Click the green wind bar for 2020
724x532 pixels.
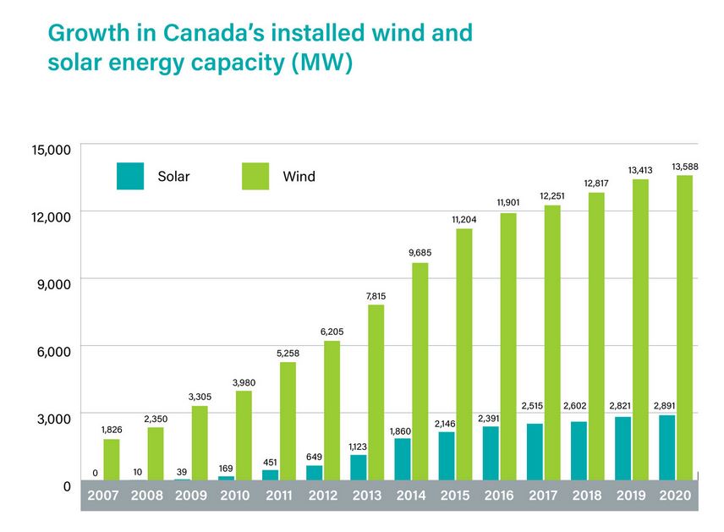coord(683,328)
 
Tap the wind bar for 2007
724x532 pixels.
coord(112,459)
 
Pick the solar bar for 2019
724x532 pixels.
coord(623,448)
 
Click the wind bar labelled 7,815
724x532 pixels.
coord(376,392)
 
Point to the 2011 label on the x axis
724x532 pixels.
coord(279,496)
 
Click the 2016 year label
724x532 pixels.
coord(499,496)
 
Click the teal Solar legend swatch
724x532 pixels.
coord(130,176)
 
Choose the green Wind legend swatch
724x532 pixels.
coord(255,176)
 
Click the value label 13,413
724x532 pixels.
coord(640,170)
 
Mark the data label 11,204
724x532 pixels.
coord(464,219)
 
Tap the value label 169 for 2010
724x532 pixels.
coord(227,468)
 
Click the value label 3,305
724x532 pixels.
coord(200,396)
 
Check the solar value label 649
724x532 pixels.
coord(315,457)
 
